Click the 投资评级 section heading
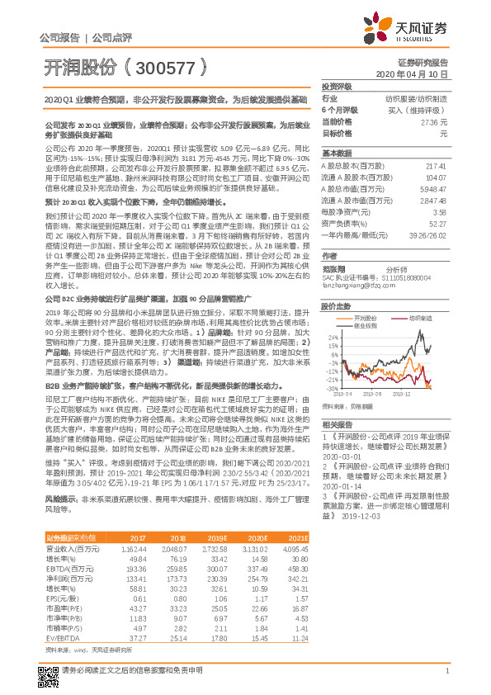pos(338,86)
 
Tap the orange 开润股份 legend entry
pos(344,318)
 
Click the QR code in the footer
pos(48,669)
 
